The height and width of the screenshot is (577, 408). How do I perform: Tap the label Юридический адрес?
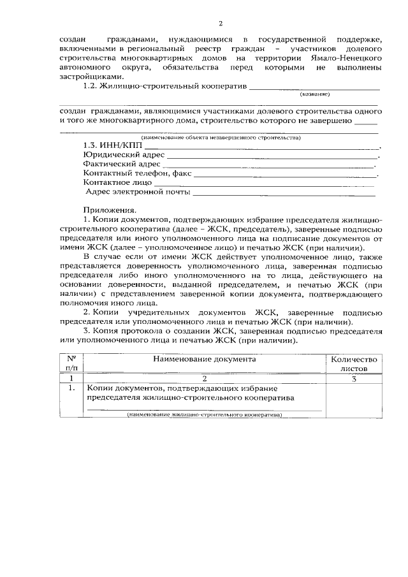pos(124,155)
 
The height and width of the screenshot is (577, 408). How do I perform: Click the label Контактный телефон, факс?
pos(137,173)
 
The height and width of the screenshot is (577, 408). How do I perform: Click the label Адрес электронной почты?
pos(138,191)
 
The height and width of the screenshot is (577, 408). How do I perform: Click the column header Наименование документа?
pos(204,359)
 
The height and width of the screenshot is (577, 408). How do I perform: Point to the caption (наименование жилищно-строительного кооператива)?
pos(204,414)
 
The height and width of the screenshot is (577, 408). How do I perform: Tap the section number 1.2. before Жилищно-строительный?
pos(95,85)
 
